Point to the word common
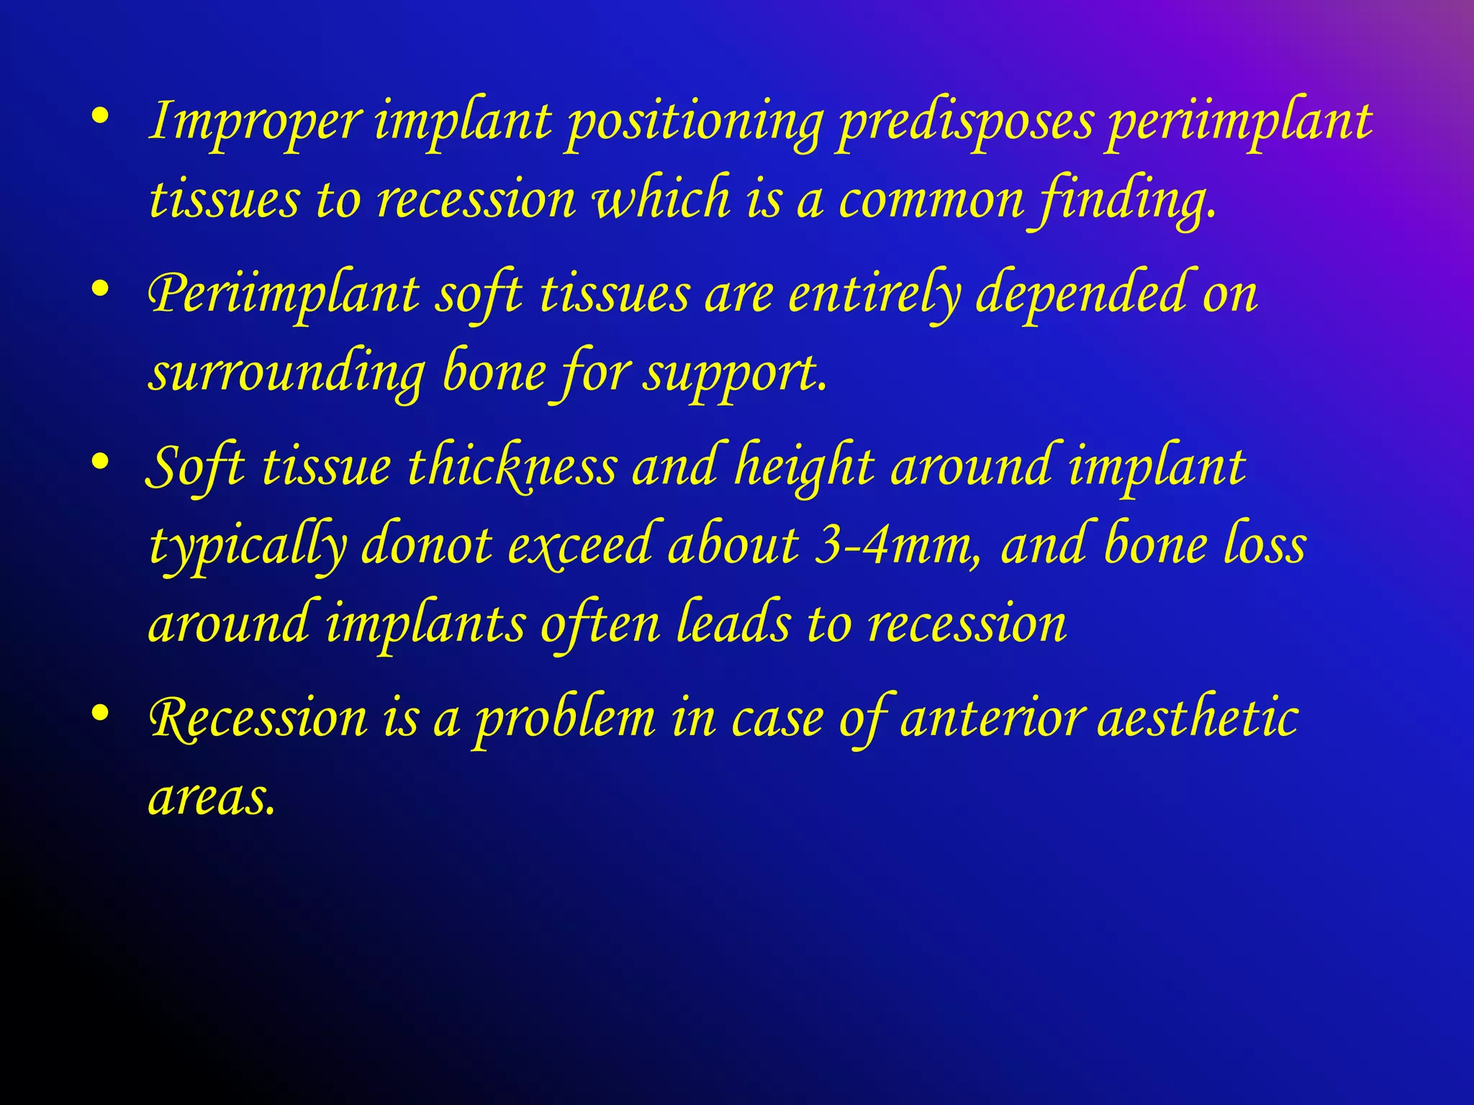(931, 199)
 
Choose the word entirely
(874, 295)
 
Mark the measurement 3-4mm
(897, 545)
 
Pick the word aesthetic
(1198, 718)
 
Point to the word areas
(212, 797)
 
